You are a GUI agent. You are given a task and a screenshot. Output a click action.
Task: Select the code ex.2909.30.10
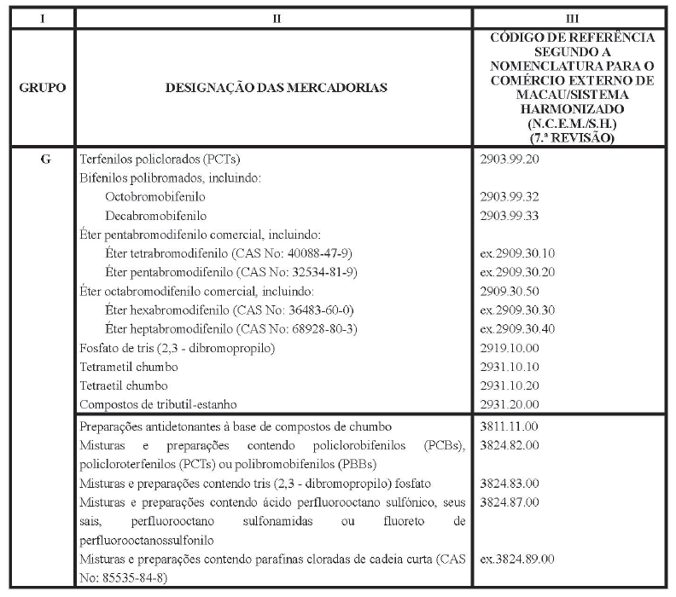(x=517, y=253)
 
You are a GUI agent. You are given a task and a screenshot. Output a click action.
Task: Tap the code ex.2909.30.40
(x=517, y=328)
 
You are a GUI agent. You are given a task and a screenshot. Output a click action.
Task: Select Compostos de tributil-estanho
(x=156, y=403)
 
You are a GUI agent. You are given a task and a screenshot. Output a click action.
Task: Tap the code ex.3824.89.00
(x=517, y=559)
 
